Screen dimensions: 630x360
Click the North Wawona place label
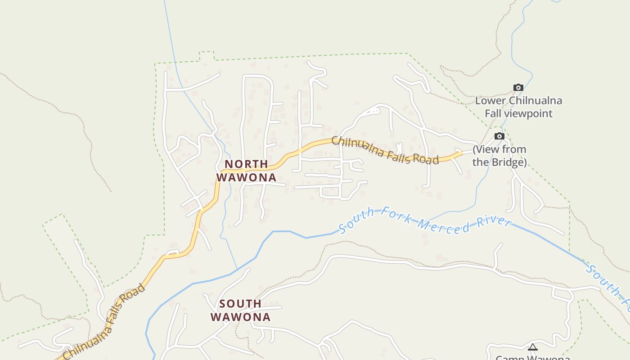[x=246, y=171]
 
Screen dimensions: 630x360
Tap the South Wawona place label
[x=240, y=310]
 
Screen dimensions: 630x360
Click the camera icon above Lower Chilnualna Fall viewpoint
[x=518, y=88]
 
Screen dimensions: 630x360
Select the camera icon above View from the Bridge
[x=499, y=136]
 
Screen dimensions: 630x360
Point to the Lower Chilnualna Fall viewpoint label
[x=518, y=107]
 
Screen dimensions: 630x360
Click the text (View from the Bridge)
[x=499, y=156]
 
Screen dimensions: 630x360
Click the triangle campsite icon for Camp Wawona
[x=533, y=347]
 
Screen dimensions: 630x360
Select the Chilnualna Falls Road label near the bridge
[x=385, y=151]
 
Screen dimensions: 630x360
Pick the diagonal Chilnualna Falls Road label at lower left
[x=104, y=321]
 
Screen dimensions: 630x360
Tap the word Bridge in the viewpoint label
[x=507, y=162]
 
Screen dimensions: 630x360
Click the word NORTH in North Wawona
[x=246, y=164]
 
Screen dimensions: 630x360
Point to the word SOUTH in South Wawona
[x=240, y=304]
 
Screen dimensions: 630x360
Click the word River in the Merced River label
[x=495, y=222]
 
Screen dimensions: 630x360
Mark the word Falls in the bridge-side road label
[x=389, y=152]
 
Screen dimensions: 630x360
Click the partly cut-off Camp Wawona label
[x=533, y=357]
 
